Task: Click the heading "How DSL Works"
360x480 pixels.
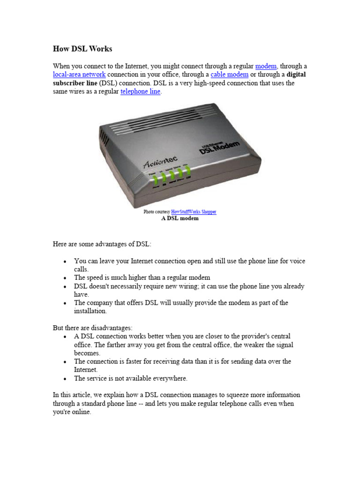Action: tap(82, 49)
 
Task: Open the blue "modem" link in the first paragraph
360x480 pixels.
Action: tap(266, 66)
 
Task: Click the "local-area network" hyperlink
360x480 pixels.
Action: tap(79, 75)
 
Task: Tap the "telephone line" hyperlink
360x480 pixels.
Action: tap(141, 91)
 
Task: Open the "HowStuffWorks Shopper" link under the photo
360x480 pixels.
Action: tap(194, 212)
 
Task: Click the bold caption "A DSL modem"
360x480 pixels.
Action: tap(180, 218)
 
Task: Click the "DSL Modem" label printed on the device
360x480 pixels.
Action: tap(219, 147)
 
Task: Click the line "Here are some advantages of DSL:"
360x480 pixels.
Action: tap(102, 244)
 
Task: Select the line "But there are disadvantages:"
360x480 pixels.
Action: tap(93, 328)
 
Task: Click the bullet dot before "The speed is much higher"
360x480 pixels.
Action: tap(65, 278)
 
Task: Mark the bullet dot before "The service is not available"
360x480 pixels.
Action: tap(65, 379)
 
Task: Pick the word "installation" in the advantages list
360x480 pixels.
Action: tap(90, 311)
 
